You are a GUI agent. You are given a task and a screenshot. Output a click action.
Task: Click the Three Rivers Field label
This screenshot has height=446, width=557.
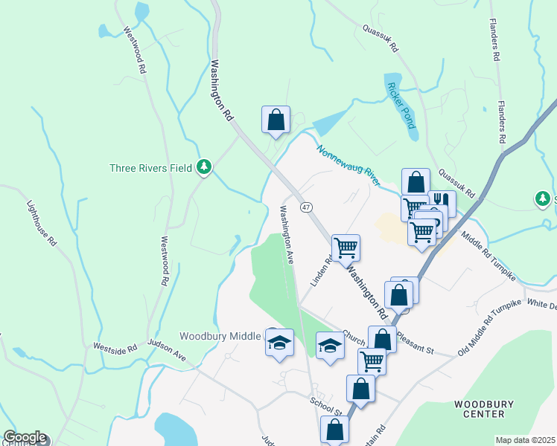pyautogui.click(x=152, y=167)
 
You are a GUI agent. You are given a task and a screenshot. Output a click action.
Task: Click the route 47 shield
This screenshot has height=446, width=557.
pyautogui.click(x=305, y=207)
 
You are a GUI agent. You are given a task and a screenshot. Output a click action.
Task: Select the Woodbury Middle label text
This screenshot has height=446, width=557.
pyautogui.click(x=221, y=336)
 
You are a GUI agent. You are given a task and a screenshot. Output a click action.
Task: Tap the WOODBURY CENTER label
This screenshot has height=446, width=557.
pyautogui.click(x=484, y=409)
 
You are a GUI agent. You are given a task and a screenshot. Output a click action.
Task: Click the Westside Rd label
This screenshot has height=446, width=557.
pyautogui.click(x=115, y=346)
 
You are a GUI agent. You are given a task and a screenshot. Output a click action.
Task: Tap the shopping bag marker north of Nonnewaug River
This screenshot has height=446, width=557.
pyautogui.click(x=276, y=119)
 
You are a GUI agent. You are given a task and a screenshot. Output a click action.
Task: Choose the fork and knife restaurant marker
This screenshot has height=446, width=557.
pyautogui.click(x=442, y=201)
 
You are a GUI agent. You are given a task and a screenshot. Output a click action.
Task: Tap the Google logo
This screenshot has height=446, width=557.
pyautogui.click(x=25, y=437)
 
